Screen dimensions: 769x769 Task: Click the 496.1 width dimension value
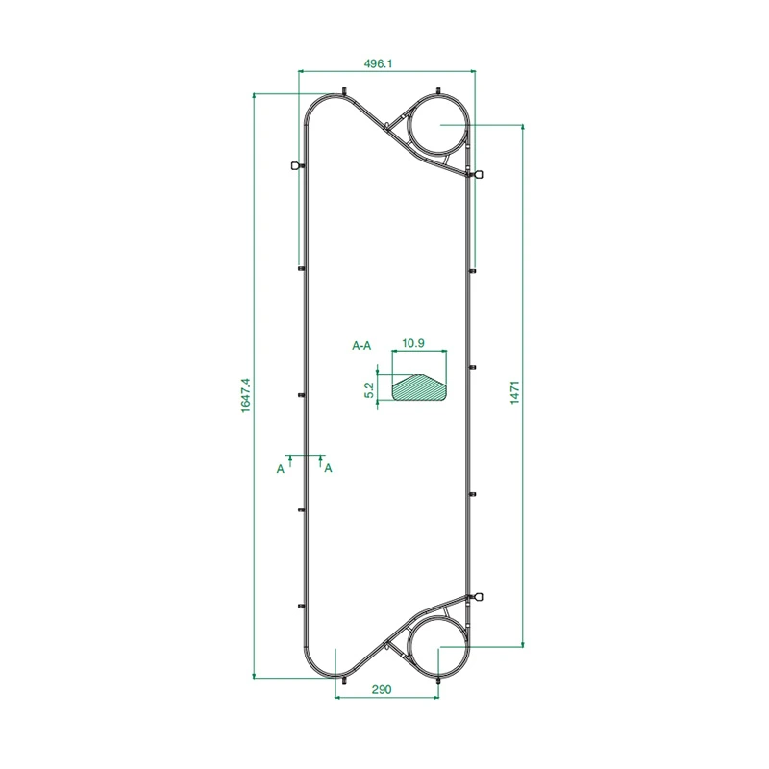click(x=378, y=63)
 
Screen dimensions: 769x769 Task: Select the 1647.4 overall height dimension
click(x=245, y=395)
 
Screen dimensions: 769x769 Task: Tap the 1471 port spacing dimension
click(x=514, y=392)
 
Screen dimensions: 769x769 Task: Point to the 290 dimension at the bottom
click(x=381, y=689)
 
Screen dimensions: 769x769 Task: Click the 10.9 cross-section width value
click(x=413, y=343)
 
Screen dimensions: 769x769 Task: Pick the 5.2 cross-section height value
click(x=369, y=390)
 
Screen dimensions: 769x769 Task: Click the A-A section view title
click(x=361, y=346)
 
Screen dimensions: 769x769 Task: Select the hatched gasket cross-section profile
click(x=419, y=387)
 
